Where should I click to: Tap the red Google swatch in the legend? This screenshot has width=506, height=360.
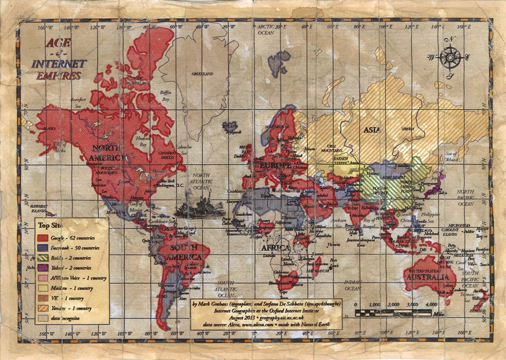point(43,238)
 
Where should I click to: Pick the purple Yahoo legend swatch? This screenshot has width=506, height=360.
point(43,268)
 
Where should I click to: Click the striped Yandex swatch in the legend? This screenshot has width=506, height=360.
point(43,308)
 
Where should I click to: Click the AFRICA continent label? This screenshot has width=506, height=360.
point(276,247)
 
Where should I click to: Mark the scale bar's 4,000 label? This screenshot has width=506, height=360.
point(431,304)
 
